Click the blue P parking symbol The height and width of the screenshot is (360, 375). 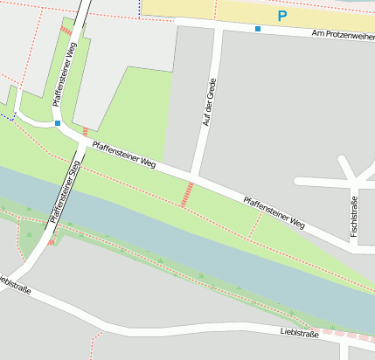point(281,16)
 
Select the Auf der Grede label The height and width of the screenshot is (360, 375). point(208,103)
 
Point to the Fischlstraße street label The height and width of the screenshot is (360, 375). point(354,217)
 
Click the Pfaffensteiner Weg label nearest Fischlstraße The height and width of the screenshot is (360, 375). point(274,212)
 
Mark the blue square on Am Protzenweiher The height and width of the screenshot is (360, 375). point(258,29)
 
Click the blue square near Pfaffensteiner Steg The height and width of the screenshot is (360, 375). point(58,123)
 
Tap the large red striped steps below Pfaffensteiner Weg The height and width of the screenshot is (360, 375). point(187,194)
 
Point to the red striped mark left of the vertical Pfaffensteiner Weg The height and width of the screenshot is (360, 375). point(66,31)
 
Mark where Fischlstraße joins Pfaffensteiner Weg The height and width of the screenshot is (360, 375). point(353,247)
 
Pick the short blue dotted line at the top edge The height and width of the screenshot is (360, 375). point(139,9)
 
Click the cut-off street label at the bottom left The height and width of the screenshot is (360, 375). point(15,284)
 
